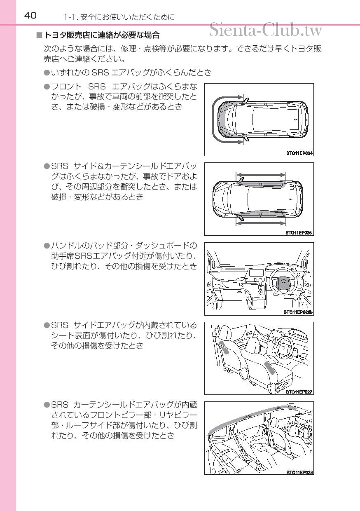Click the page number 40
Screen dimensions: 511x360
[x=30, y=16]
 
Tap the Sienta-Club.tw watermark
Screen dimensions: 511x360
[x=266, y=30]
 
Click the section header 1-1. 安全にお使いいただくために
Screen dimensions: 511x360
[x=119, y=17]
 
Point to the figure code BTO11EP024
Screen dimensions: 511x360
[x=299, y=153]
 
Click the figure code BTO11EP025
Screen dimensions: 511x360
[x=299, y=233]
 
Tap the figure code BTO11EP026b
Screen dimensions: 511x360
[x=299, y=312]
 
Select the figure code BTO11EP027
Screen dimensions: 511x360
[x=299, y=392]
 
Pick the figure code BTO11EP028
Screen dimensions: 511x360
[x=299, y=472]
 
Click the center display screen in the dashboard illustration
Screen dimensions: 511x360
[x=257, y=273]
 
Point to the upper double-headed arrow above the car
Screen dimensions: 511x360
[x=261, y=175]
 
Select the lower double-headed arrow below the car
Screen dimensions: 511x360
[x=261, y=223]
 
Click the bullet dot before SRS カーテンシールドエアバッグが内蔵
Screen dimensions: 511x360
[x=47, y=406]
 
